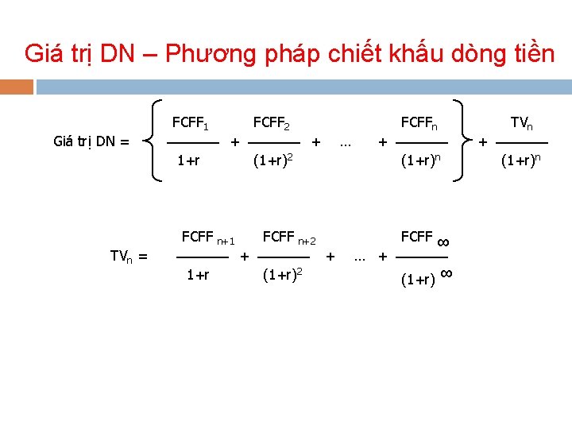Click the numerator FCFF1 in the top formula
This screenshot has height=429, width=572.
point(191,123)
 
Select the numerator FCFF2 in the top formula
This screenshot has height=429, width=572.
point(271,123)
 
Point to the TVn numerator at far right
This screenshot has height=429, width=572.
point(522,123)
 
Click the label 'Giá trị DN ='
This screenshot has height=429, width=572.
point(91,142)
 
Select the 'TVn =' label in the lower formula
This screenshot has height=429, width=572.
point(129,256)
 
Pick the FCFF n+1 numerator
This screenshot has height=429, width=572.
point(208,237)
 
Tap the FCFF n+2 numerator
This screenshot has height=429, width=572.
point(289,237)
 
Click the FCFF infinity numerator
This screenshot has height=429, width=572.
point(425,238)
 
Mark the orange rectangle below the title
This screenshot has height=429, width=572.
point(17,86)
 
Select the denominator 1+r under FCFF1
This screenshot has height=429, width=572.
point(188,161)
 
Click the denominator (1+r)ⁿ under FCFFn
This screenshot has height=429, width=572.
point(420,160)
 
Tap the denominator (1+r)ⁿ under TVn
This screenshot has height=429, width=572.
point(520,160)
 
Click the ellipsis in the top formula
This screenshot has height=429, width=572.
point(345,143)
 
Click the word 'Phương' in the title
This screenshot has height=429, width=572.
point(208,54)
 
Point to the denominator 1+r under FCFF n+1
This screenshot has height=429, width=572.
point(198,276)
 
